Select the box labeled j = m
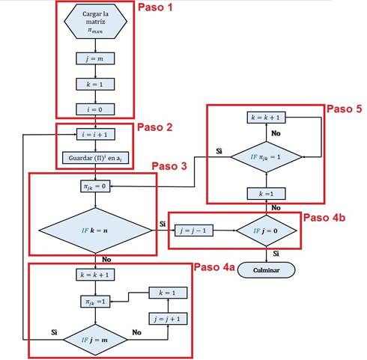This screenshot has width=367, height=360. (x=94, y=58)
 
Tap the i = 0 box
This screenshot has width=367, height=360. (x=94, y=109)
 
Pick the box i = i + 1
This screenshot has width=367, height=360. (x=94, y=135)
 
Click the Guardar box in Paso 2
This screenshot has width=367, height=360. (x=94, y=159)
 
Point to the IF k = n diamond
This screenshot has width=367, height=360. (x=94, y=225)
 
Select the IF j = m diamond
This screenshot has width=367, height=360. (x=94, y=339)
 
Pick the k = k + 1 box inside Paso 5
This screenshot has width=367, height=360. (x=265, y=118)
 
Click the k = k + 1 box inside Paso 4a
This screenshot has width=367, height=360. (x=94, y=275)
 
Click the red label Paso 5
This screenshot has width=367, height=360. (x=344, y=109)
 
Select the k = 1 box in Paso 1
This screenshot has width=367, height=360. (x=94, y=85)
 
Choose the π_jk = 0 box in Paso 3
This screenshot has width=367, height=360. (x=94, y=186)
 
